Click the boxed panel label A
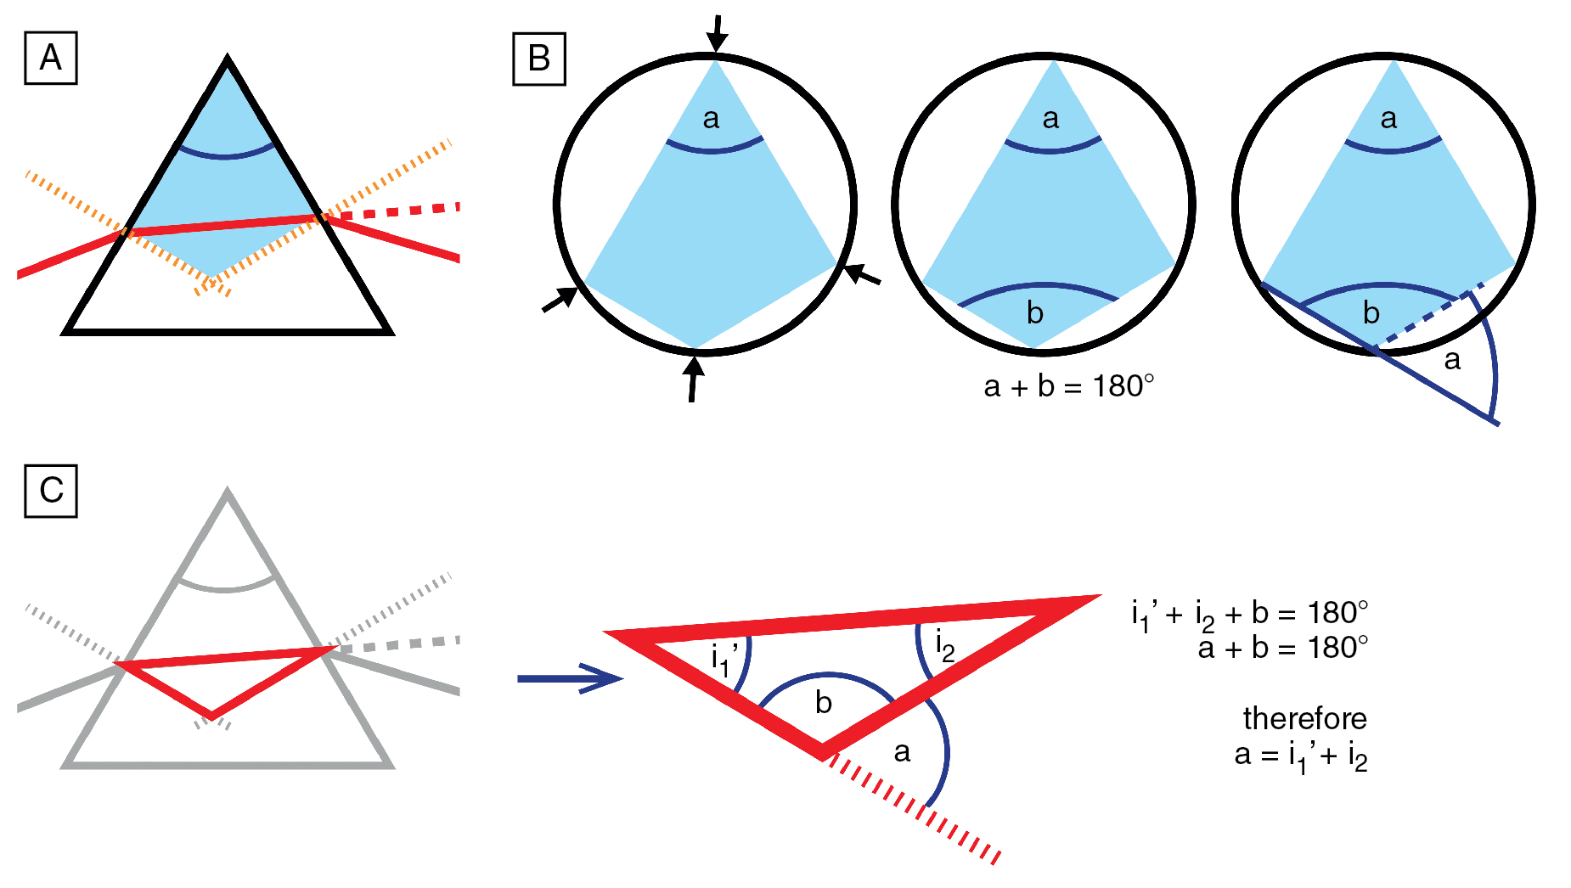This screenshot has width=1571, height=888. click(x=51, y=59)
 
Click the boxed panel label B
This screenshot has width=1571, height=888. click(x=539, y=59)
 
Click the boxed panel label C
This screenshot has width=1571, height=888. click(x=51, y=491)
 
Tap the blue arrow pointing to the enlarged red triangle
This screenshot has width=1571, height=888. click(x=570, y=678)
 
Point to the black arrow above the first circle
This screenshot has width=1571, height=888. click(x=718, y=33)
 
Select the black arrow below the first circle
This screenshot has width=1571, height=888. click(x=694, y=379)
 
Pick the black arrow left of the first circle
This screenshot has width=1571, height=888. click(x=560, y=299)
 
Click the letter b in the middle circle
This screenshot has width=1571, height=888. click(x=1034, y=313)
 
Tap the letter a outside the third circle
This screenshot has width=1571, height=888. click(x=1452, y=360)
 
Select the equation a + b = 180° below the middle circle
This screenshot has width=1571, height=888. click(x=1069, y=387)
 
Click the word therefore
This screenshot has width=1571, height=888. click(x=1304, y=719)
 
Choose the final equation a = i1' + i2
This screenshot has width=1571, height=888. click(x=1300, y=756)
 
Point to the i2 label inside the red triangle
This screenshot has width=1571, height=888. click(x=945, y=645)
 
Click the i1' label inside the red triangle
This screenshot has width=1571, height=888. click(x=724, y=658)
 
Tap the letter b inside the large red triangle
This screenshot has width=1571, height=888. click(x=823, y=703)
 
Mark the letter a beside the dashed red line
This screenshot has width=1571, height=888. click(x=902, y=751)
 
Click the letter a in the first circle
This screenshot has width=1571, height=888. click(x=712, y=119)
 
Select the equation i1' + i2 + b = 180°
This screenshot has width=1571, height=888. click(x=1249, y=614)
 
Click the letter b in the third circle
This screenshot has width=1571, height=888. click(x=1371, y=313)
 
